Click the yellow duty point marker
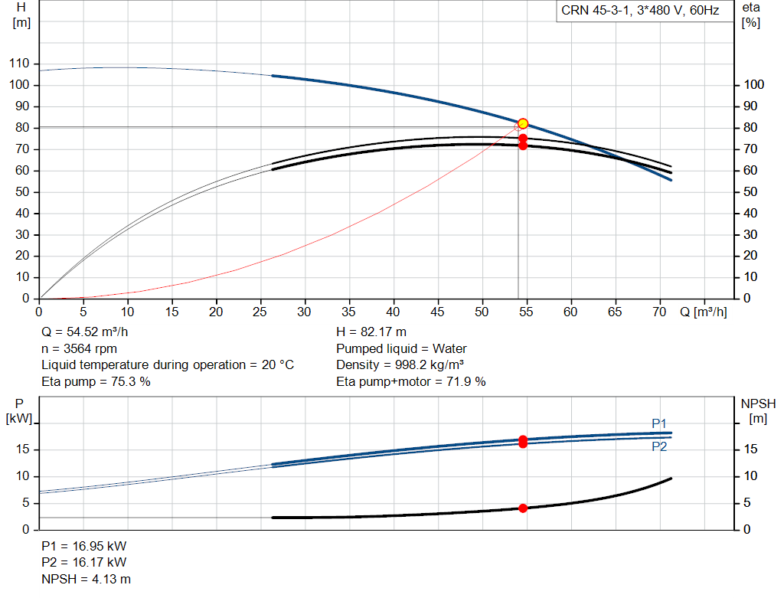click(522, 123)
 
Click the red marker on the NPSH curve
click(523, 508)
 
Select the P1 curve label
click(659, 424)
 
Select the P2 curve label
click(659, 446)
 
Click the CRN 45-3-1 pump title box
click(640, 11)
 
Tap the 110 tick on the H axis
click(19, 64)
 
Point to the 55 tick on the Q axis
click(526, 312)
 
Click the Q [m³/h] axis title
click(703, 312)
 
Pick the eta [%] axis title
click(750, 15)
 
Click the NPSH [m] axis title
click(758, 411)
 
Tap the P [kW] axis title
click(19, 411)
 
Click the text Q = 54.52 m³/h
click(84, 332)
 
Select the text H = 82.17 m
click(371, 332)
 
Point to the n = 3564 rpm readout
click(79, 348)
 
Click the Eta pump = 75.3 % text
click(96, 381)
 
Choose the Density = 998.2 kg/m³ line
click(400, 365)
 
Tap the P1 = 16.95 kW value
click(84, 546)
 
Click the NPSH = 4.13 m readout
click(86, 579)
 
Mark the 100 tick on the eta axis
click(753, 85)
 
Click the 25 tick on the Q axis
click(260, 312)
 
